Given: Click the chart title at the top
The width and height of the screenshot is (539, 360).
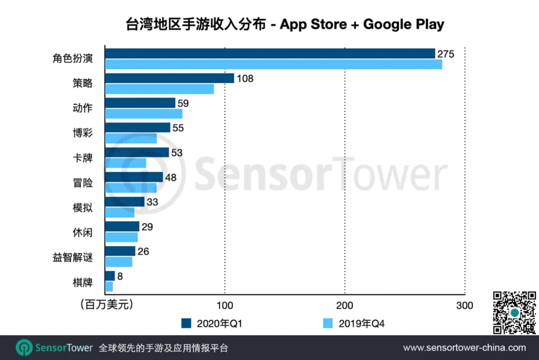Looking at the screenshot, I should (x=284, y=24).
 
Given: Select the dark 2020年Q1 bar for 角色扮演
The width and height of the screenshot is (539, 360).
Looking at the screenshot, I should (x=269, y=53).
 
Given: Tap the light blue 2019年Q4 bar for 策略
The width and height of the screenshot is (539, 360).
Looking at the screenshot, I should (x=159, y=89).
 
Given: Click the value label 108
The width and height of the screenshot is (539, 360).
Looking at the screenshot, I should (x=245, y=78).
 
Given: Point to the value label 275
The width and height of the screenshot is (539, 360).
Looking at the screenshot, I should (x=445, y=54).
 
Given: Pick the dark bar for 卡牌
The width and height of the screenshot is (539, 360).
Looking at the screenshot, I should (x=137, y=152).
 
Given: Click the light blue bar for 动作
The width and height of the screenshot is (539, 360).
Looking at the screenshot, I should (x=144, y=113).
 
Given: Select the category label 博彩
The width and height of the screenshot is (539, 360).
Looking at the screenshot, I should (x=82, y=133).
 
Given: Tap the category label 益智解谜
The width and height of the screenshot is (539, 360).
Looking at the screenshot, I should (x=73, y=258).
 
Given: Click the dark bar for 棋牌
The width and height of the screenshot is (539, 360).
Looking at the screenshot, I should (x=110, y=276).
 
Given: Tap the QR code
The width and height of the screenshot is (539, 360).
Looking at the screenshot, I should (x=514, y=313).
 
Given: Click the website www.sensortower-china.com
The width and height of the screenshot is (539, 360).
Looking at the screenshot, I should (x=464, y=348).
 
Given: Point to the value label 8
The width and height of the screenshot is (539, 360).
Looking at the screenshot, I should (x=120, y=275).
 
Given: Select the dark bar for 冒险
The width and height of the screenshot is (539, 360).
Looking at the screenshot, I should (x=134, y=177).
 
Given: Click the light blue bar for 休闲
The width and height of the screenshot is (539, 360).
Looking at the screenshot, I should (x=121, y=237).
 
